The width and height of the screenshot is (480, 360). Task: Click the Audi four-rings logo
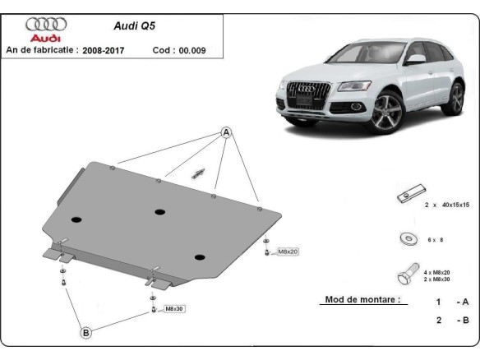(x=46, y=24)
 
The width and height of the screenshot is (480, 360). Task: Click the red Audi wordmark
(x=46, y=38)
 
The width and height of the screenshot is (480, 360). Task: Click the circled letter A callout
(x=226, y=132)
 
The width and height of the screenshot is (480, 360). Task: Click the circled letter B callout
(x=85, y=333)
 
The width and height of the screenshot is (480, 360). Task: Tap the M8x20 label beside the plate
(x=288, y=252)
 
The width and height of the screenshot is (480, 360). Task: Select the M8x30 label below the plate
(x=174, y=309)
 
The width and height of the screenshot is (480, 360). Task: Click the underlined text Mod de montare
(x=362, y=300)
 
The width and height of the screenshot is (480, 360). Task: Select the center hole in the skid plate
(x=159, y=212)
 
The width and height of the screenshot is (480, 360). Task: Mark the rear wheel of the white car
(x=455, y=96)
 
